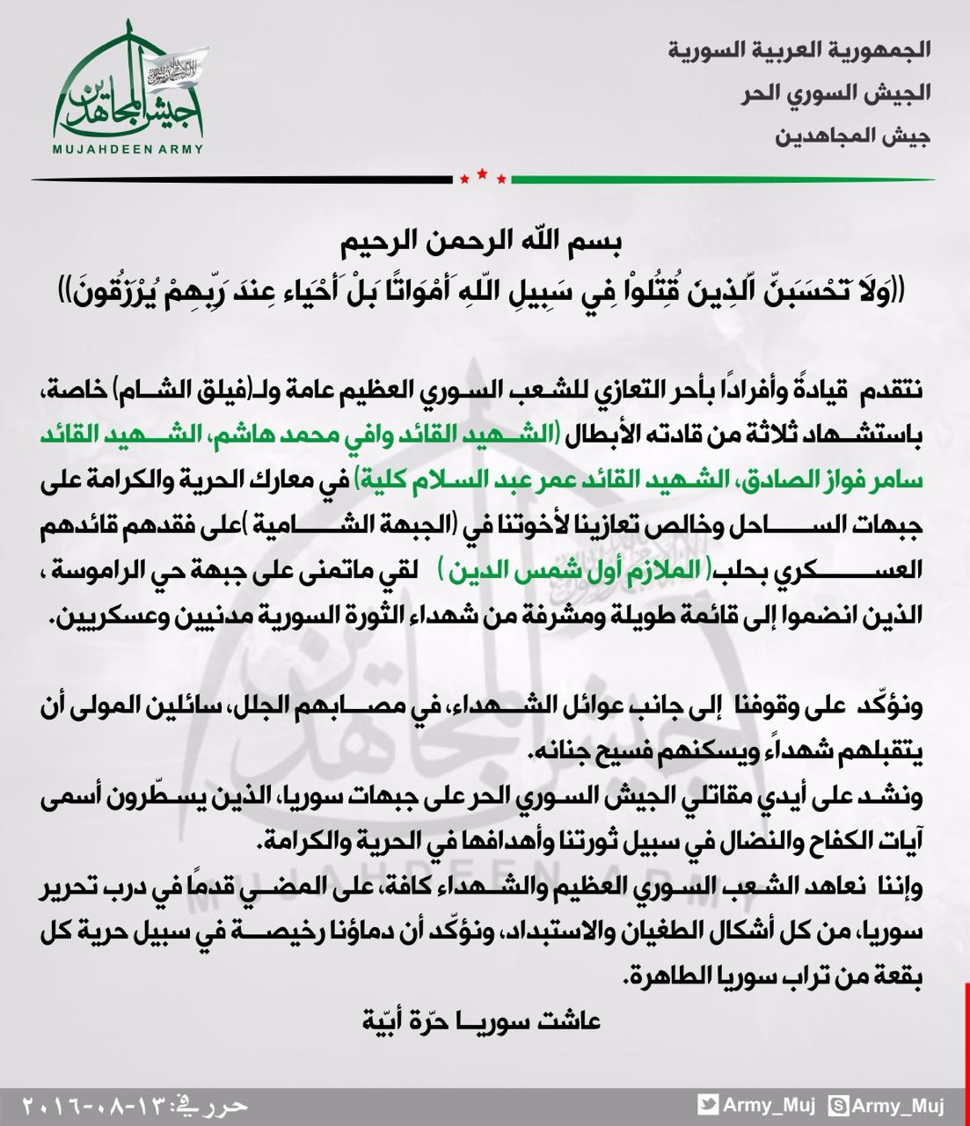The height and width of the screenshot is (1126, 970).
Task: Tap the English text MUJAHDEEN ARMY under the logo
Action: [128, 149]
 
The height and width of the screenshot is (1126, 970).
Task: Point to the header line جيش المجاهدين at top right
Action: [854, 135]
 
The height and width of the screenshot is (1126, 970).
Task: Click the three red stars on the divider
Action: [483, 178]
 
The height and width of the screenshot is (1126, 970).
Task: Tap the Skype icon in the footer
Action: [841, 1104]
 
